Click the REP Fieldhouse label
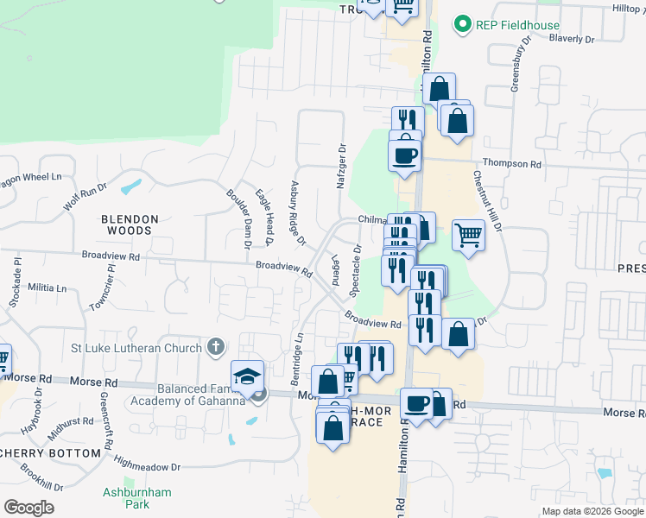coord(518,25)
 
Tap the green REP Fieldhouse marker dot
coord(464,24)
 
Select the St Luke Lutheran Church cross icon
coord(216,347)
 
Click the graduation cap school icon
coord(246,376)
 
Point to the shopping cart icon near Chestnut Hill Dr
coord(467,233)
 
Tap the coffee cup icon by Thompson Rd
coord(404,156)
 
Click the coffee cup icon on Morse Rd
coord(416,404)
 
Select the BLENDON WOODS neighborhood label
coord(130,225)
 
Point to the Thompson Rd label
coord(511,163)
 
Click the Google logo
coord(28,507)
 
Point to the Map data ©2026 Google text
coord(592,511)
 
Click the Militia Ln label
coord(48,287)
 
